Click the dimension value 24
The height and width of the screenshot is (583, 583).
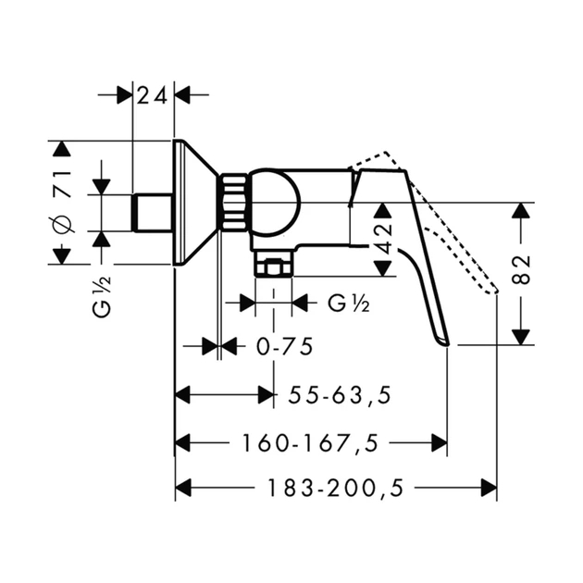(x=152, y=96)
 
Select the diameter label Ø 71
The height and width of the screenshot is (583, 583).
(x=62, y=203)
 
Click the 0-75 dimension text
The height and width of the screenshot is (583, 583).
(x=285, y=347)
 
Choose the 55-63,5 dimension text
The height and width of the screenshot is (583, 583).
(x=340, y=395)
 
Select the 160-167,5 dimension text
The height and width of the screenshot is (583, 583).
(x=310, y=443)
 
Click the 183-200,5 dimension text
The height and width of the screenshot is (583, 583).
(x=335, y=488)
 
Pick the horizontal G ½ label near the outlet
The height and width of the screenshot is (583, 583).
(x=349, y=304)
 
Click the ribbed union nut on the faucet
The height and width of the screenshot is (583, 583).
(x=234, y=204)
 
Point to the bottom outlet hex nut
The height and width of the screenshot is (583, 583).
(x=273, y=264)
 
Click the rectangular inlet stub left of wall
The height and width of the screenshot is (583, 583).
(x=153, y=213)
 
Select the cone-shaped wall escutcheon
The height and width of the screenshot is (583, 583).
(x=195, y=203)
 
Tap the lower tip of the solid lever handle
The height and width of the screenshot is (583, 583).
(x=446, y=344)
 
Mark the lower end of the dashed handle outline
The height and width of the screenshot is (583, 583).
(x=495, y=291)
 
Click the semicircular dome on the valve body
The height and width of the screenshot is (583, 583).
(x=276, y=204)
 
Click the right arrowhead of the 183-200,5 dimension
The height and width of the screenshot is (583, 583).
(x=489, y=488)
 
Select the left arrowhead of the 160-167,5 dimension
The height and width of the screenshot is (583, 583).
(x=183, y=443)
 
